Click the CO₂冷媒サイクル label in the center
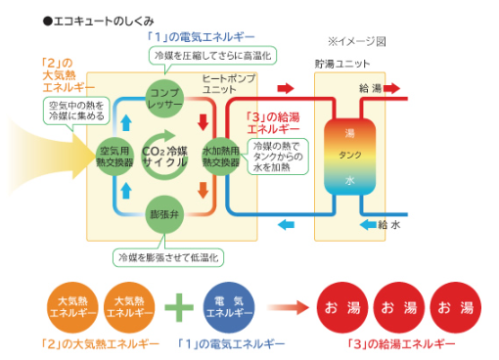click(x=165, y=157)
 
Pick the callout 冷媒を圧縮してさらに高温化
click(x=211, y=56)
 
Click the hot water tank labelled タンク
click(x=350, y=157)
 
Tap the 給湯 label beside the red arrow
click(x=370, y=89)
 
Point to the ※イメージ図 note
click(x=358, y=41)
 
